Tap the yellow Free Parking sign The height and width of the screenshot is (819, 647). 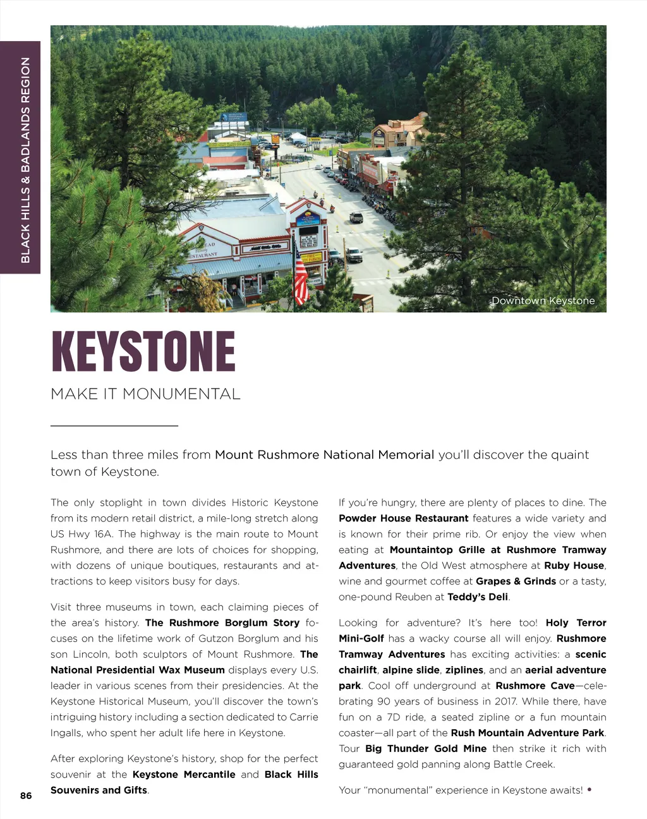pyautogui.click(x=312, y=257)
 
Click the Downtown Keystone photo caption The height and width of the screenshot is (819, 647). pyautogui.click(x=543, y=301)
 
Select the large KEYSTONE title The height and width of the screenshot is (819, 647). pyautogui.click(x=143, y=352)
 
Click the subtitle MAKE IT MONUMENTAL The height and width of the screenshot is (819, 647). pyautogui.click(x=145, y=394)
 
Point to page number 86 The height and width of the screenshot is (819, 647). pyautogui.click(x=26, y=796)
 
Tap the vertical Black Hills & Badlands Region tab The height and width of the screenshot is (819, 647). pyautogui.click(x=25, y=159)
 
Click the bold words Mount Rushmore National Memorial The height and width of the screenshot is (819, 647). pyautogui.click(x=324, y=455)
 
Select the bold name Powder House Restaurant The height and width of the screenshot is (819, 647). pyautogui.click(x=403, y=518)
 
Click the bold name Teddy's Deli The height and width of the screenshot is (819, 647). pyautogui.click(x=477, y=597)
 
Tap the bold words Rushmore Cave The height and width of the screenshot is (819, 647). pyautogui.click(x=535, y=686)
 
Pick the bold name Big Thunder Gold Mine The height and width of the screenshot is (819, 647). pyautogui.click(x=425, y=749)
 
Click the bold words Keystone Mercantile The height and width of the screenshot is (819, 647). pyautogui.click(x=184, y=775)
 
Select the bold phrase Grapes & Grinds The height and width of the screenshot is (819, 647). pyautogui.click(x=516, y=581)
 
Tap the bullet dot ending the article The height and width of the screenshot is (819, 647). pyautogui.click(x=590, y=789)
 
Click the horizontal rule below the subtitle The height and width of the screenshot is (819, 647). pyautogui.click(x=114, y=426)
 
